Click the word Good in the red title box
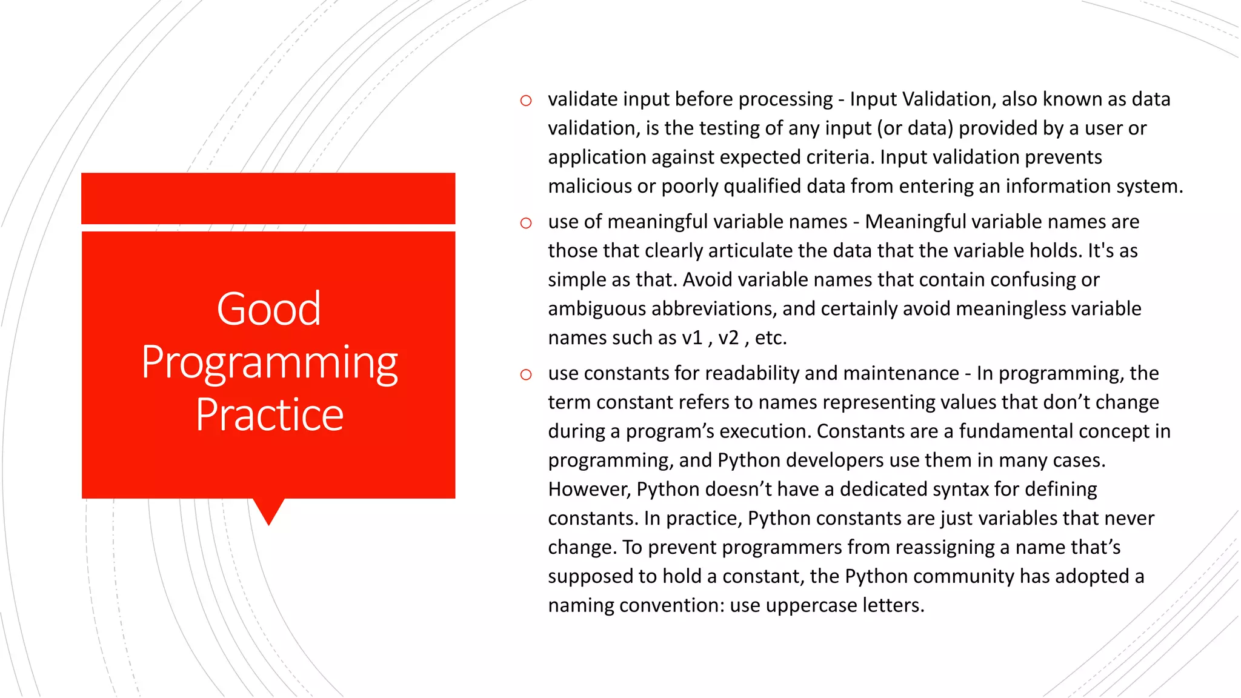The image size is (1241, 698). pos(269,309)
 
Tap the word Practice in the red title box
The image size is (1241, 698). pos(270,415)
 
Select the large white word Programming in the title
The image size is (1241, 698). pos(270,362)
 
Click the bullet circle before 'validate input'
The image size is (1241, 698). pos(526,101)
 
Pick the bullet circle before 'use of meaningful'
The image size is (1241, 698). pos(526,223)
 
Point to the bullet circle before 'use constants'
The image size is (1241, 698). pos(526,374)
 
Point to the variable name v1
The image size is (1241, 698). pos(692,337)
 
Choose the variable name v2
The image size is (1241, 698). pos(728,337)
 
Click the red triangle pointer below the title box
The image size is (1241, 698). pos(268,509)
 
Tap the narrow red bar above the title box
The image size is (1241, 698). pos(268,198)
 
